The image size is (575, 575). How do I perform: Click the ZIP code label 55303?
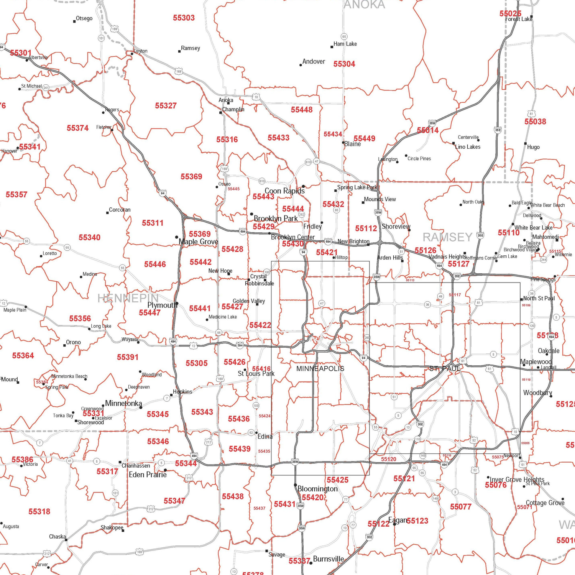click(x=184, y=18)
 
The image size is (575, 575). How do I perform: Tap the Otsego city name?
click(x=84, y=18)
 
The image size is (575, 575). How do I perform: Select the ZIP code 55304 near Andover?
click(x=344, y=64)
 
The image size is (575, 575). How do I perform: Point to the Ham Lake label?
click(x=345, y=44)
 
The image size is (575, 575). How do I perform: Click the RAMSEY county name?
click(x=447, y=237)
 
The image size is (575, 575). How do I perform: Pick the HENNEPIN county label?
click(x=128, y=298)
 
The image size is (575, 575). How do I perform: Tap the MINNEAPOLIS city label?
click(x=320, y=369)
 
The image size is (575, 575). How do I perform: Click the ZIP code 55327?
click(x=166, y=106)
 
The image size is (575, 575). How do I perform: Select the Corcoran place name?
click(x=120, y=210)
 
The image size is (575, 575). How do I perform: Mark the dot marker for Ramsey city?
click(x=179, y=51)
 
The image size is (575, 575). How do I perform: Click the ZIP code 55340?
click(x=89, y=238)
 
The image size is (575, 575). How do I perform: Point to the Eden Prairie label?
click(x=148, y=475)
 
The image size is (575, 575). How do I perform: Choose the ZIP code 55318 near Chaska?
click(x=39, y=512)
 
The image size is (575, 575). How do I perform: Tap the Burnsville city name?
click(x=329, y=559)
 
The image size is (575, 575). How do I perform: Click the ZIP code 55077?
click(x=460, y=507)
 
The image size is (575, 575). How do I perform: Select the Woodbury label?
click(x=537, y=393)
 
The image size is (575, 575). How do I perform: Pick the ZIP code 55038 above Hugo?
click(x=535, y=122)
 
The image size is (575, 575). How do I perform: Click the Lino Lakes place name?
click(x=468, y=147)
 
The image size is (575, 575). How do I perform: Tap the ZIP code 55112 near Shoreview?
click(x=366, y=228)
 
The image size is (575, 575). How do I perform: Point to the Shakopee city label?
click(x=112, y=528)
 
